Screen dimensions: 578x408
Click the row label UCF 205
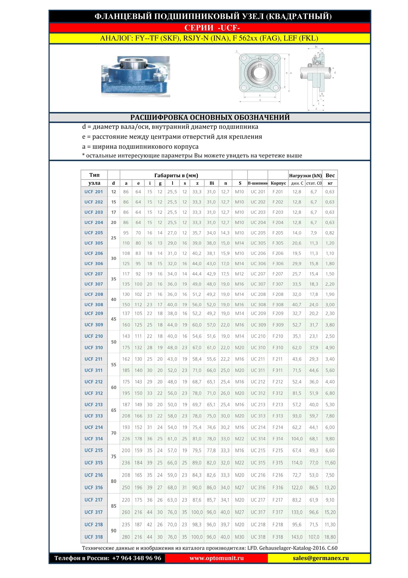click(x=94, y=233)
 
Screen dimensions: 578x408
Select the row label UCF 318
click(x=94, y=537)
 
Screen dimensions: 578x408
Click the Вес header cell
click(x=330, y=175)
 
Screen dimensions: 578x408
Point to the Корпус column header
click(x=278, y=183)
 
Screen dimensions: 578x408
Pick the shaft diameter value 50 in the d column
click(x=113, y=342)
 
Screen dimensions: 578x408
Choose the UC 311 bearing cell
click(x=258, y=370)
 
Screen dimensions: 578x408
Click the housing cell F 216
click(x=278, y=475)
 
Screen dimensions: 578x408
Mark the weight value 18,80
click(x=330, y=537)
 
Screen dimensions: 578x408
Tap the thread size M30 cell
click(x=240, y=537)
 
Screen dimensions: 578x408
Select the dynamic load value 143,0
click(x=297, y=537)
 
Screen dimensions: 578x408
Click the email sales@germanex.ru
click(x=321, y=558)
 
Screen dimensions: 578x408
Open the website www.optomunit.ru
click(x=216, y=558)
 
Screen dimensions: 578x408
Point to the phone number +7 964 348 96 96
click(x=137, y=558)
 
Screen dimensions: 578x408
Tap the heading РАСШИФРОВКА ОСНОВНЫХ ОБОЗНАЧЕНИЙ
click(x=210, y=117)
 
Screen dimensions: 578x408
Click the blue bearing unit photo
click(x=135, y=76)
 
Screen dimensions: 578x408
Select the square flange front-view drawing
click(x=259, y=73)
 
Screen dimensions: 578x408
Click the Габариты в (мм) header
click(x=176, y=176)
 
